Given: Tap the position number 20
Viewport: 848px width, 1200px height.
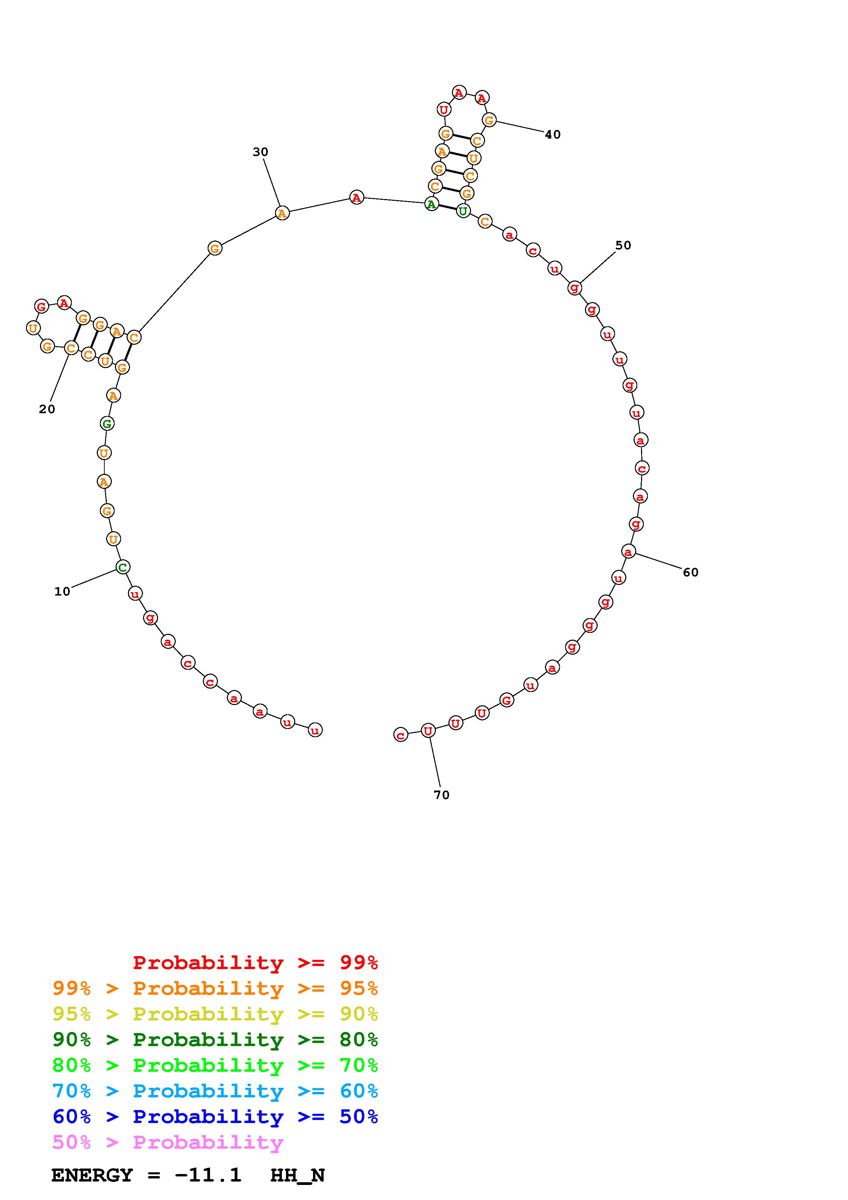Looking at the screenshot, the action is point(47,409).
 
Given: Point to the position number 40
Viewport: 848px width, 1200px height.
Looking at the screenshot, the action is point(553,134).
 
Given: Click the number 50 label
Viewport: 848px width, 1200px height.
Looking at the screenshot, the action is point(623,245).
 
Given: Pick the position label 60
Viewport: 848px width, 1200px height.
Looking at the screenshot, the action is point(691,572).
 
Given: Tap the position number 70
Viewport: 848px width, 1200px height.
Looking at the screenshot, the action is point(442,795).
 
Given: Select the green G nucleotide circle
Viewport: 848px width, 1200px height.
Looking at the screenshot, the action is point(107,423).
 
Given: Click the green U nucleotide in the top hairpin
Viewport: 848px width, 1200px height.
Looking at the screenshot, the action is point(463,211).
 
